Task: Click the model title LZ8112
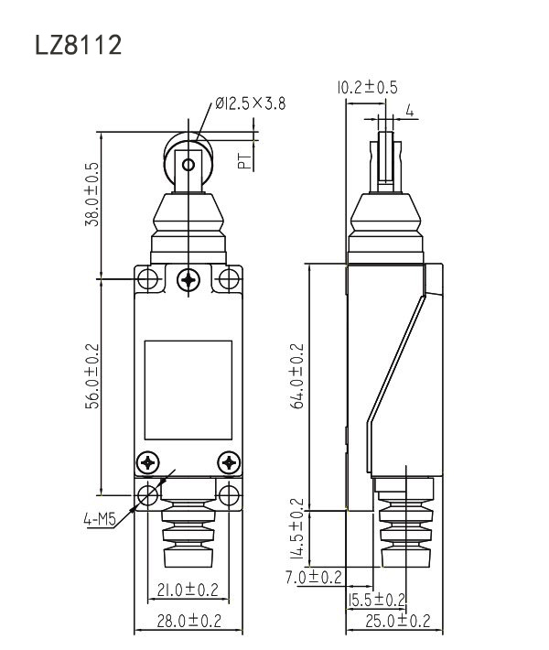point(79,45)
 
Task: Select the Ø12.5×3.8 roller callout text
point(251,103)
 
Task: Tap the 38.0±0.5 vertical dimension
point(92,194)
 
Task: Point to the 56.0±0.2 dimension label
point(92,376)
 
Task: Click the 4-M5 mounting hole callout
point(100,519)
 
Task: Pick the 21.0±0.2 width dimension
point(188,590)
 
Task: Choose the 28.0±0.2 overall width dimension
point(188,621)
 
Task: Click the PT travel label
point(245,161)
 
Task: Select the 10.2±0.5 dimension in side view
point(367,88)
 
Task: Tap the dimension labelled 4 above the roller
point(410,111)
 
